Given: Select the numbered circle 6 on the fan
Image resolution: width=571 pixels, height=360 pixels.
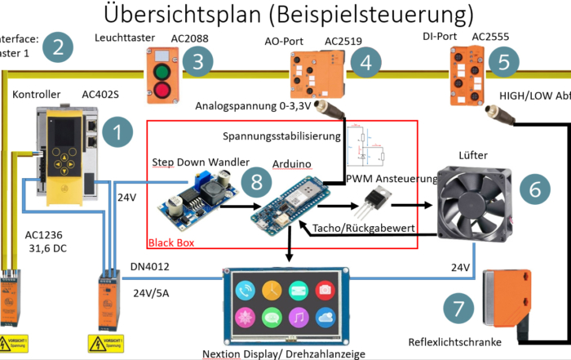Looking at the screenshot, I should click(534, 189).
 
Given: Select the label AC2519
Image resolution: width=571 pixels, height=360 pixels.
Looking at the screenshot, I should click(343, 40).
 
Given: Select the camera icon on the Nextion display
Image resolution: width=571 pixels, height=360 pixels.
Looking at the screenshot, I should click(325, 290).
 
